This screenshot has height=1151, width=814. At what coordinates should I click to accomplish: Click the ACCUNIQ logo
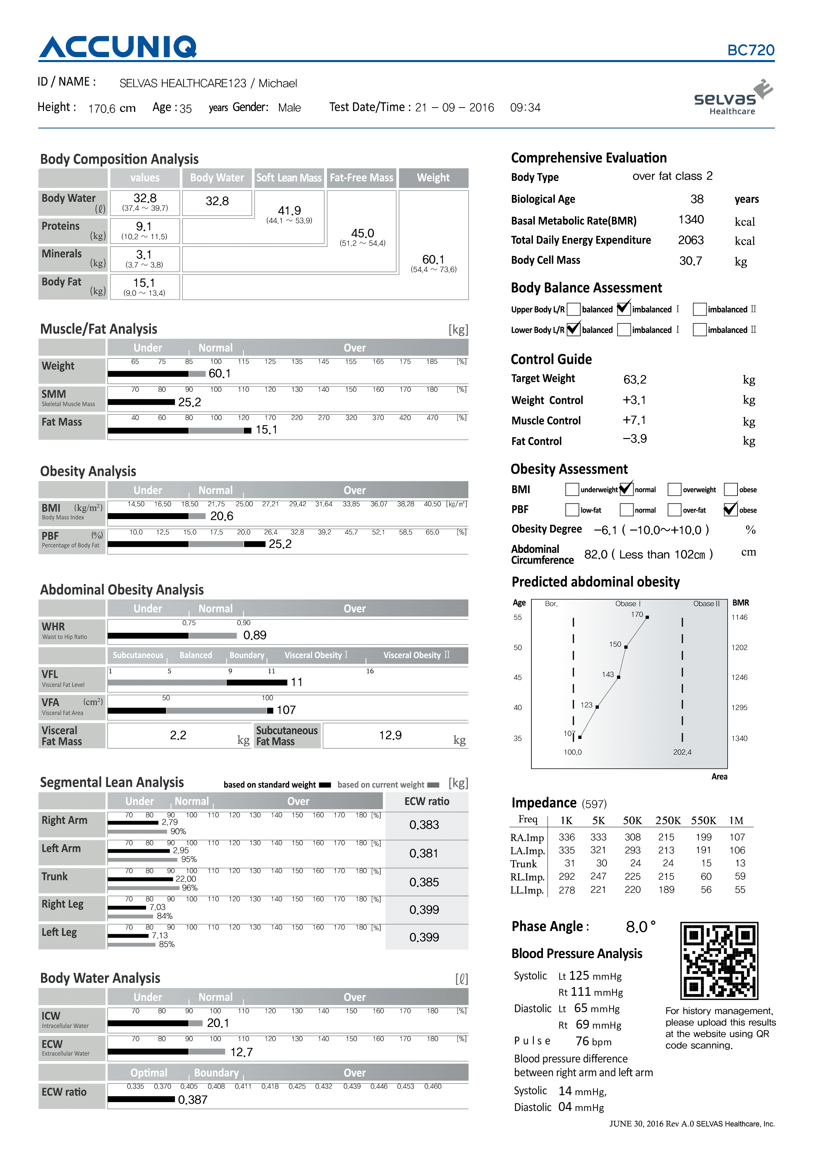(x=118, y=47)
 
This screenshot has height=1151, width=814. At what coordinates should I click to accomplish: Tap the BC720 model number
(x=750, y=50)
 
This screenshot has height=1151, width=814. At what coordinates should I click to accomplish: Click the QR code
(x=719, y=960)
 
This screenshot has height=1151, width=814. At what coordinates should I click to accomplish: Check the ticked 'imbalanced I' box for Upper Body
(x=623, y=309)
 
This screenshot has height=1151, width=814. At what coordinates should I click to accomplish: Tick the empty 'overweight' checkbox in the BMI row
(x=674, y=489)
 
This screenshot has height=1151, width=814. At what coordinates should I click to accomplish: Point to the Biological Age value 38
(x=696, y=199)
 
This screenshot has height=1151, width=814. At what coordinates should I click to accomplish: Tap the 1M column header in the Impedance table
(x=736, y=821)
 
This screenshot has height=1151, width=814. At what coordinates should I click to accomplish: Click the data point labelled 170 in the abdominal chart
(x=647, y=617)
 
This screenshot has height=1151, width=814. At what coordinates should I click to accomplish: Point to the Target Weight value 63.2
(x=634, y=380)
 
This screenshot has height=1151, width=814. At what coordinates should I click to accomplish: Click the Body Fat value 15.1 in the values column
(x=144, y=283)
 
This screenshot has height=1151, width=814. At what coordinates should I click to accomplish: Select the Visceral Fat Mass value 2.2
(x=178, y=735)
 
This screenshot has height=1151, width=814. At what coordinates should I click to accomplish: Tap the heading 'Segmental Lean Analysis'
(x=112, y=783)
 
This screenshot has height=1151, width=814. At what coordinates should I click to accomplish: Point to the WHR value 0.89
(x=255, y=636)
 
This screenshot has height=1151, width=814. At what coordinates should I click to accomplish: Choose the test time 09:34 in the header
(x=525, y=108)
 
